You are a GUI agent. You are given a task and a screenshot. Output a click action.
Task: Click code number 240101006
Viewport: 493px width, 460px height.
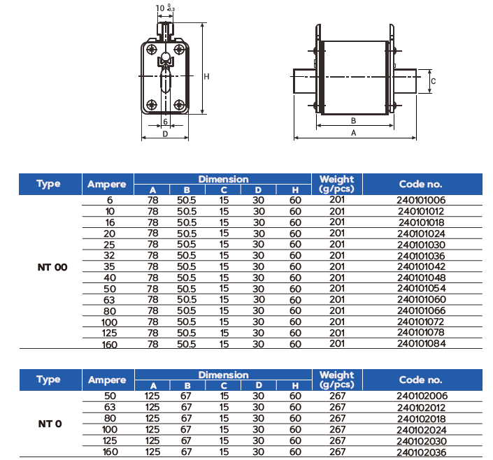coord(421,200)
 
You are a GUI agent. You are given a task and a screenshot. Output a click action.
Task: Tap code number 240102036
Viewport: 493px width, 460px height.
coord(421,452)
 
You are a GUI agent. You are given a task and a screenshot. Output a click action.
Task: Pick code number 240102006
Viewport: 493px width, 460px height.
coord(421,396)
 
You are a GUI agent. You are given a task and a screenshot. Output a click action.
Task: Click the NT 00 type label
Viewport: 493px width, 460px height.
coord(52,266)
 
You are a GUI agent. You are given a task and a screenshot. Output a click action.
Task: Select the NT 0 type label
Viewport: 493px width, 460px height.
coord(50,424)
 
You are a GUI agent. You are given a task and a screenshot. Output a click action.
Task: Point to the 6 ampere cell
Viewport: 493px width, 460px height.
coord(110,200)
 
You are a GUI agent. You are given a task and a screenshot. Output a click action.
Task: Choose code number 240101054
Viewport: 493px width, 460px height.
coord(421,288)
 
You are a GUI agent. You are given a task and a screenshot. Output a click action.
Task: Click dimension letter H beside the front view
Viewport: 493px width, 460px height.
coord(207,77)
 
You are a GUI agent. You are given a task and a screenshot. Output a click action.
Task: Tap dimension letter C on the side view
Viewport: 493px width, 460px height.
coord(434,81)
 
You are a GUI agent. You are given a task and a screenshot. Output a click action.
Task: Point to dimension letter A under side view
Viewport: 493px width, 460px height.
coord(354,132)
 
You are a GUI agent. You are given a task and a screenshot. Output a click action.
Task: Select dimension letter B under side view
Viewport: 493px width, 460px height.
coord(354,120)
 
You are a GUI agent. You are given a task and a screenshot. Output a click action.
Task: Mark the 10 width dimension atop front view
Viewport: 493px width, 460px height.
coord(159,7)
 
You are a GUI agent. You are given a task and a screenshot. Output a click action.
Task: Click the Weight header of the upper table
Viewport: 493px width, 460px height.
coord(336,184)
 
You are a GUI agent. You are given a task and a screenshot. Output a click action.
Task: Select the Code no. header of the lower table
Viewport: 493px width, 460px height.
coord(421,380)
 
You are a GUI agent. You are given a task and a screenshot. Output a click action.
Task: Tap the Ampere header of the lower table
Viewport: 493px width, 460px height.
coord(107,380)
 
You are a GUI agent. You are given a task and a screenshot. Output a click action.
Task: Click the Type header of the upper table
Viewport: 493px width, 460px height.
coord(49,184)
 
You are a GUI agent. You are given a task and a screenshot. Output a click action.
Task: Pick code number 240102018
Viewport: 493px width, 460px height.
coord(421,418)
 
